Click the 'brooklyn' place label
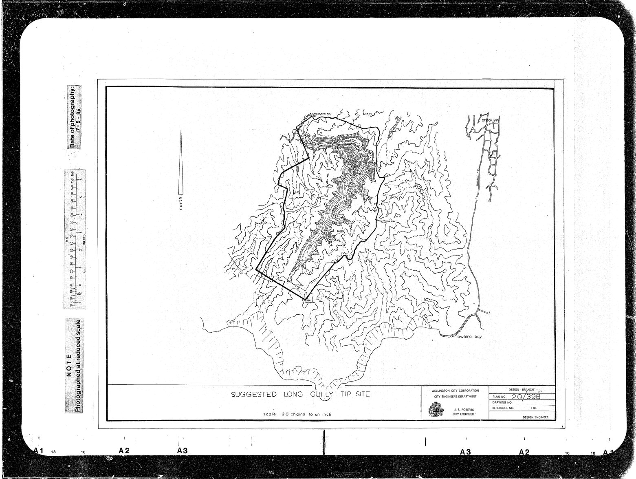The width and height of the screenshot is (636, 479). [x=490, y=121]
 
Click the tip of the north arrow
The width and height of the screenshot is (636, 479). [x=181, y=130]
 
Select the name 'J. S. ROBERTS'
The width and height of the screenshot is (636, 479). [x=463, y=409]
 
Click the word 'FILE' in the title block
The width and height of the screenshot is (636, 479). [x=535, y=407]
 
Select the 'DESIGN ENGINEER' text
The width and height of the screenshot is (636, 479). [x=535, y=417]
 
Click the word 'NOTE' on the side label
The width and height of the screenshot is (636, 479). [x=69, y=365]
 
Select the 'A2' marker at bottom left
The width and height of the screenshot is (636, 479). [x=124, y=451]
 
